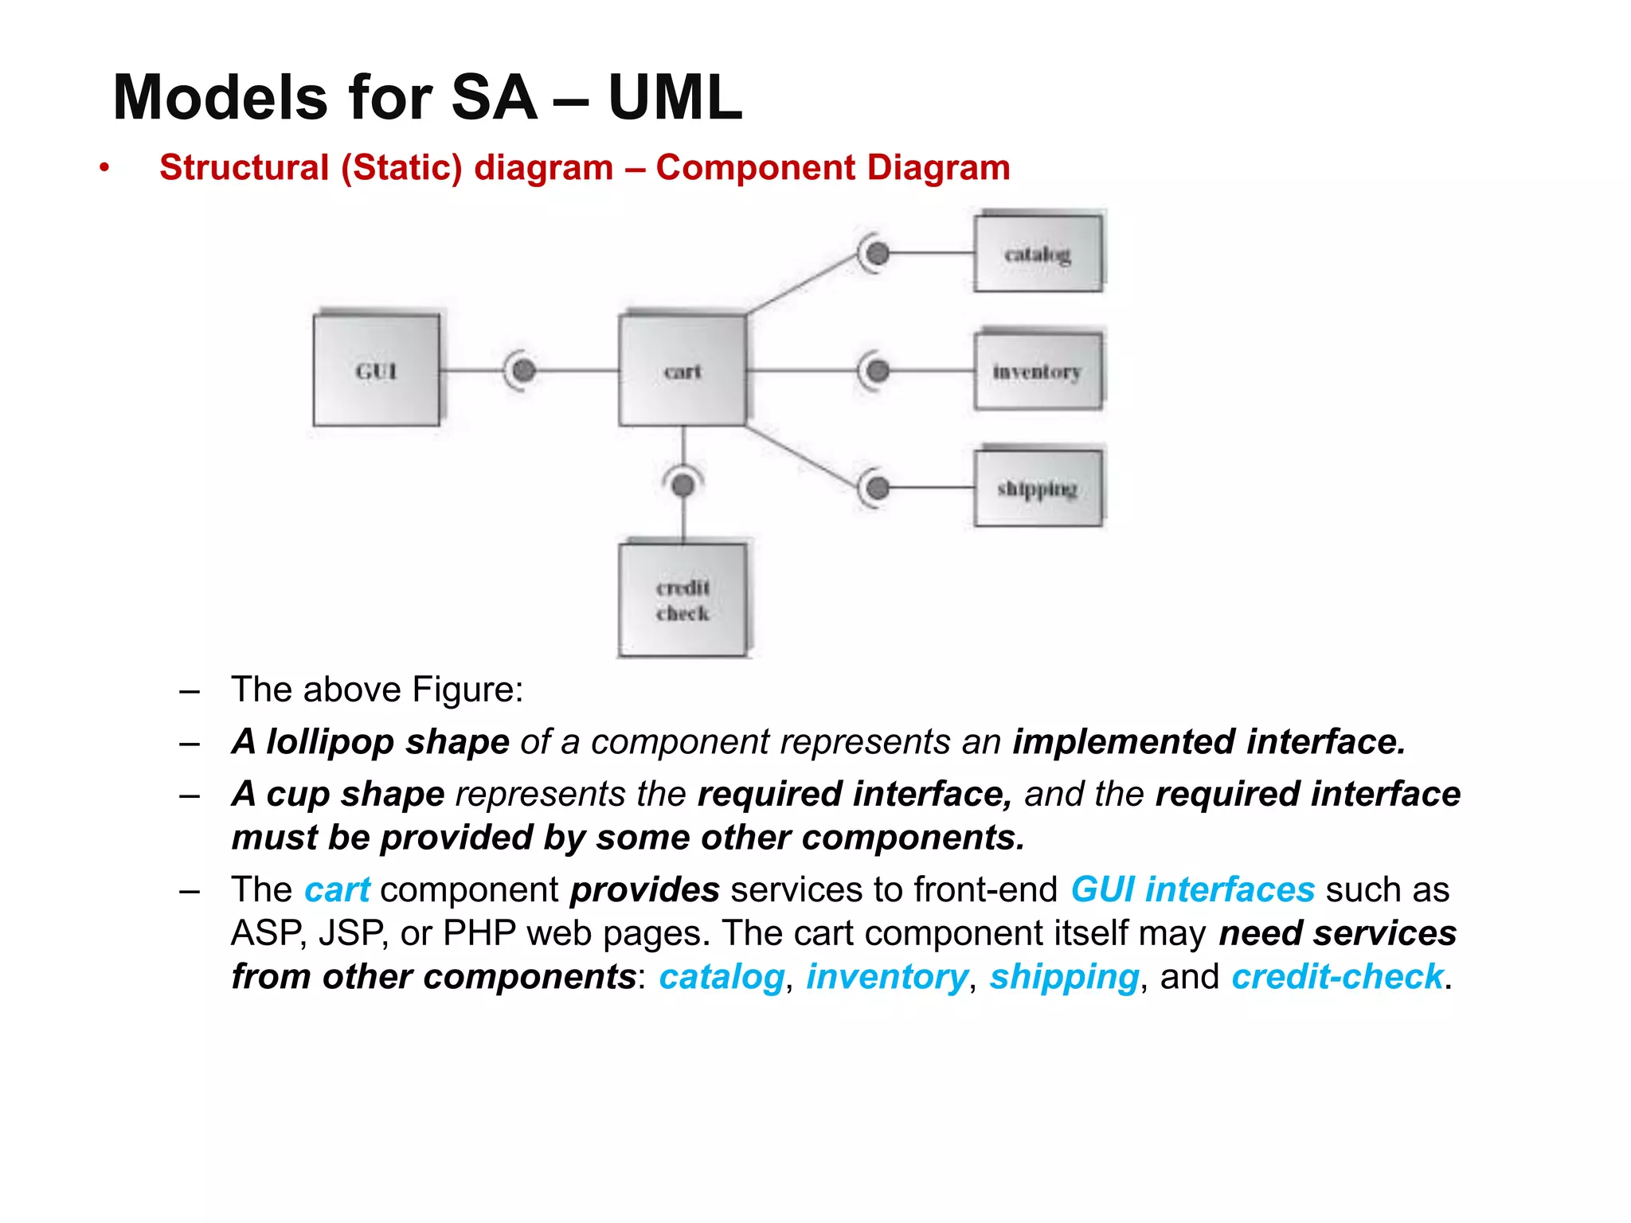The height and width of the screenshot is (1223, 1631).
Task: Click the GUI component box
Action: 376,370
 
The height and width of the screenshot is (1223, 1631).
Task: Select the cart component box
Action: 683,370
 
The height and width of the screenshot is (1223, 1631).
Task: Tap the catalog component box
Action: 1038,253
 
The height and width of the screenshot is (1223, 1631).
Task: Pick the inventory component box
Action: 1038,371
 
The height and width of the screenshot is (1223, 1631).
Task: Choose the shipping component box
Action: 1038,488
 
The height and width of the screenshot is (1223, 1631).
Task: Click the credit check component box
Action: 683,600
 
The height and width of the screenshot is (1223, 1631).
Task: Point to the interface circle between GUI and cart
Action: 523,370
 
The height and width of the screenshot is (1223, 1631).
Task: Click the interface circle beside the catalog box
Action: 878,253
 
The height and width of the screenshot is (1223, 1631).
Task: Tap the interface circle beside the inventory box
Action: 878,371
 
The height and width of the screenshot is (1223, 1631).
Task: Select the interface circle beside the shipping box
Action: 878,488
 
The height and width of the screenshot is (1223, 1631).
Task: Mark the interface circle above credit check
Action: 683,484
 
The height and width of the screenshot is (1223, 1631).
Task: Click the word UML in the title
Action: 675,98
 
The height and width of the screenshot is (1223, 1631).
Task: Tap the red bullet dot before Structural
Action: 104,168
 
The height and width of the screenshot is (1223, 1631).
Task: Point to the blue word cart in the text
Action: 337,889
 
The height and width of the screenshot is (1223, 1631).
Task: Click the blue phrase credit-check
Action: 1337,977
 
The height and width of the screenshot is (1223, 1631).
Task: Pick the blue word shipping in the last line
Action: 1064,977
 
